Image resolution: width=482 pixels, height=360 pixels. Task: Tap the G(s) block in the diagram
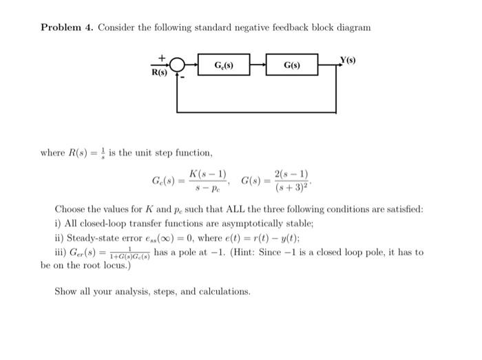point(292,65)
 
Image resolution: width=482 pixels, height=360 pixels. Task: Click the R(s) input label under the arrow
point(158,72)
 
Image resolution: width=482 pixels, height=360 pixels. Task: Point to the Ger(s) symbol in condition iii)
point(83,253)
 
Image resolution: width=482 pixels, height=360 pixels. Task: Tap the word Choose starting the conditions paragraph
point(70,209)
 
